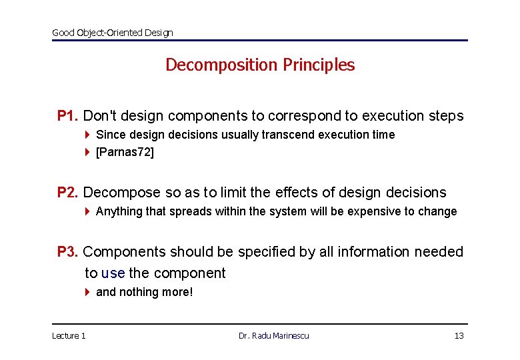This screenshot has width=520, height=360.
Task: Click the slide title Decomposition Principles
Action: (260, 65)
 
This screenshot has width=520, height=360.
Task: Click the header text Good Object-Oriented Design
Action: (112, 33)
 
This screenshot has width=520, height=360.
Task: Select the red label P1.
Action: (68, 116)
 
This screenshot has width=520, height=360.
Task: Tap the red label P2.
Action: (68, 193)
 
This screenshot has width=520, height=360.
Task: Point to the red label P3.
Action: (68, 252)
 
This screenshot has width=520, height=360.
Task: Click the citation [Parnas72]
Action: (125, 152)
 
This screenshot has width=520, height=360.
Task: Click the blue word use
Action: (113, 273)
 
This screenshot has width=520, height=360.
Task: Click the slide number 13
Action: (459, 335)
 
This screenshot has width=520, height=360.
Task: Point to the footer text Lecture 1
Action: (69, 335)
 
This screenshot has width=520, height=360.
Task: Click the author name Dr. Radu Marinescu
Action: (273, 335)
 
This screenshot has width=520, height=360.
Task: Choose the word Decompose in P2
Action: (122, 193)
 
